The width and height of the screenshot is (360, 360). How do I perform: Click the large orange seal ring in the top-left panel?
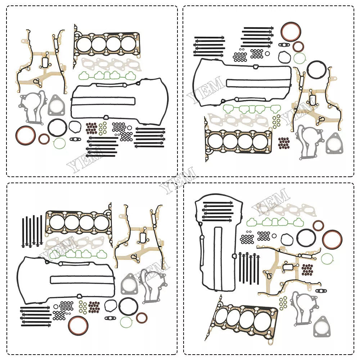pyautogui.click(x=17, y=135)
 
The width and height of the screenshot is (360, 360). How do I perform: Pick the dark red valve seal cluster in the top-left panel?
pyautogui.click(x=91, y=128)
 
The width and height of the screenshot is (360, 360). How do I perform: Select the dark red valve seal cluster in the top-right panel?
pyautogui.click(x=284, y=143)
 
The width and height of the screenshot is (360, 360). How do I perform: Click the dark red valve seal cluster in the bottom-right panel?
pyautogui.click(x=307, y=270)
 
